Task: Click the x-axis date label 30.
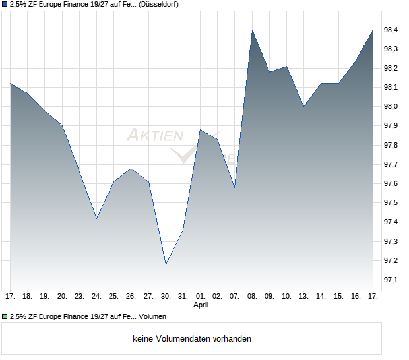coord(166,296)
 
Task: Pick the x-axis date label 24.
coord(96,296)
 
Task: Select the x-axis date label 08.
coord(252,296)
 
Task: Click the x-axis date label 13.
coord(303,296)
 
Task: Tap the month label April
coord(201,305)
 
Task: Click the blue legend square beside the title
coord(5,5)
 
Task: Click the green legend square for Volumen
coord(5,316)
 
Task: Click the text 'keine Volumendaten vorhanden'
coord(192,339)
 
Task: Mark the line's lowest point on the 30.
coord(166,264)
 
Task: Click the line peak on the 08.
coord(252,30)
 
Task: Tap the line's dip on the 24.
coord(96,218)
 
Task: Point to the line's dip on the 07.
coord(234,188)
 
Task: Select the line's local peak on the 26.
coord(131,168)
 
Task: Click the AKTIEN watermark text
coord(154,135)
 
